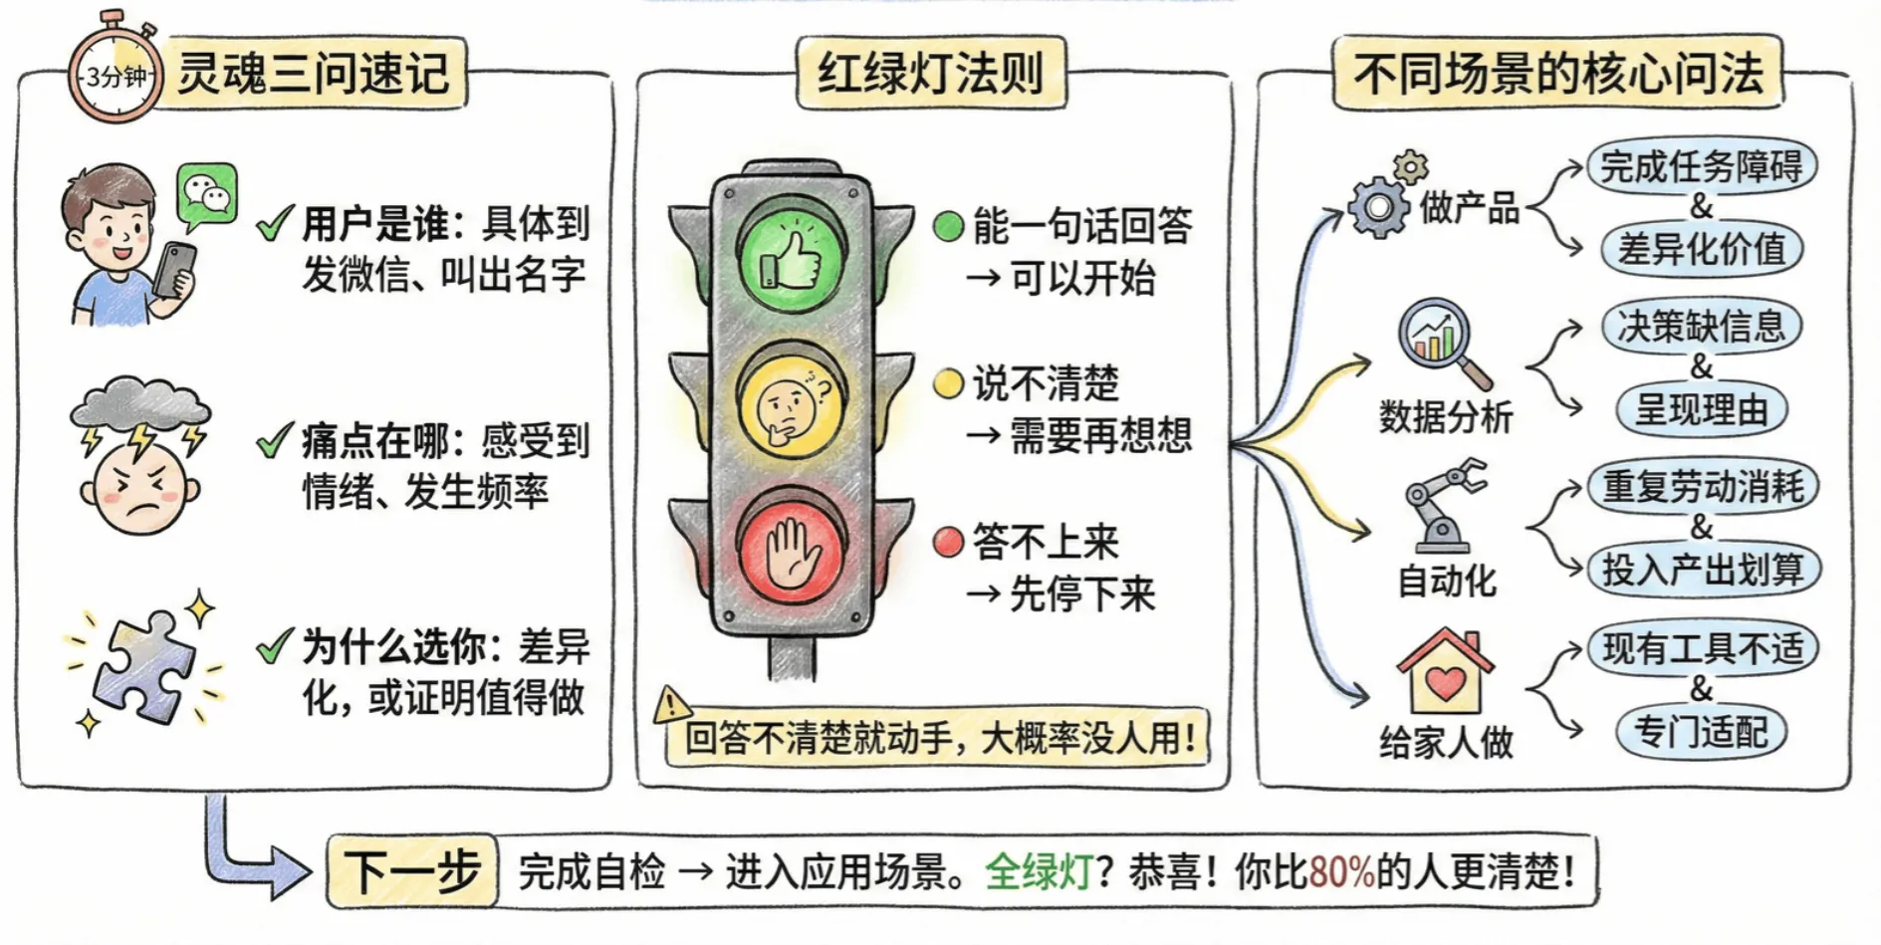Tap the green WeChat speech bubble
coord(207,194)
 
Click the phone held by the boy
coord(174,269)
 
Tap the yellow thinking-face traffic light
coord(792,400)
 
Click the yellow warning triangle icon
coord(673,705)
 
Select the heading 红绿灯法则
coord(931,73)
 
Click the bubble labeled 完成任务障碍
coord(1702,166)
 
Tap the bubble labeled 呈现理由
coord(1702,409)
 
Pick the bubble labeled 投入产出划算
coord(1703,570)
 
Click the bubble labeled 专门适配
coord(1702,732)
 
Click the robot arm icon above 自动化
coord(1444,504)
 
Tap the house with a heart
coord(1445,671)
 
